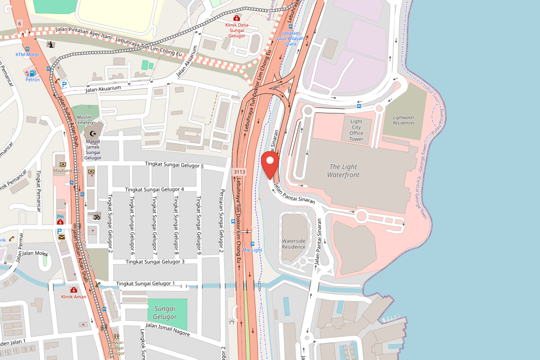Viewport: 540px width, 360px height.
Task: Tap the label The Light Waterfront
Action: pyautogui.click(x=343, y=171)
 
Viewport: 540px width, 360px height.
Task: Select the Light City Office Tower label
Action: pyautogui.click(x=356, y=130)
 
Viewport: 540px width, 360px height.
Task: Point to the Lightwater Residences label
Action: pyautogui.click(x=404, y=120)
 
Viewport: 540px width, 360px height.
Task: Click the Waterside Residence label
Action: pyautogui.click(x=294, y=244)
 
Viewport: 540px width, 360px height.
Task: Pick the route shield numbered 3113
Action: pyautogui.click(x=239, y=172)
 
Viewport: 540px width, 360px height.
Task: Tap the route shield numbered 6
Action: pyautogui.click(x=20, y=23)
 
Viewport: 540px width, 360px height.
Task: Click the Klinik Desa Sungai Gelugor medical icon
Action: pyautogui.click(x=237, y=18)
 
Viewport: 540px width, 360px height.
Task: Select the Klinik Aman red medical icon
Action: pyautogui.click(x=73, y=290)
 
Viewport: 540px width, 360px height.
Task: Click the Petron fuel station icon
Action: pyautogui.click(x=32, y=73)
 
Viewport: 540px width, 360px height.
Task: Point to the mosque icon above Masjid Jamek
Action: pyautogui.click(x=93, y=134)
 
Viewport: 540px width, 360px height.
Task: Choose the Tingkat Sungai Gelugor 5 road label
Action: pyautogui.click(x=174, y=166)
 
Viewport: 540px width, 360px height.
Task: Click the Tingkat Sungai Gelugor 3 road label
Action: pyautogui.click(x=155, y=261)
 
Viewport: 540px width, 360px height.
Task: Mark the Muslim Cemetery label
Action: pyautogui.click(x=84, y=120)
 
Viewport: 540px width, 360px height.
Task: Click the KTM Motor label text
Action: pyautogui.click(x=27, y=54)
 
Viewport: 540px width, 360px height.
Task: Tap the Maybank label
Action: pyautogui.click(x=63, y=171)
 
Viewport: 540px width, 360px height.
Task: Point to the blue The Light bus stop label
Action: pyautogui.click(x=252, y=250)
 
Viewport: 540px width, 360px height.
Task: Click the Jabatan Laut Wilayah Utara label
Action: pyautogui.click(x=291, y=39)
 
